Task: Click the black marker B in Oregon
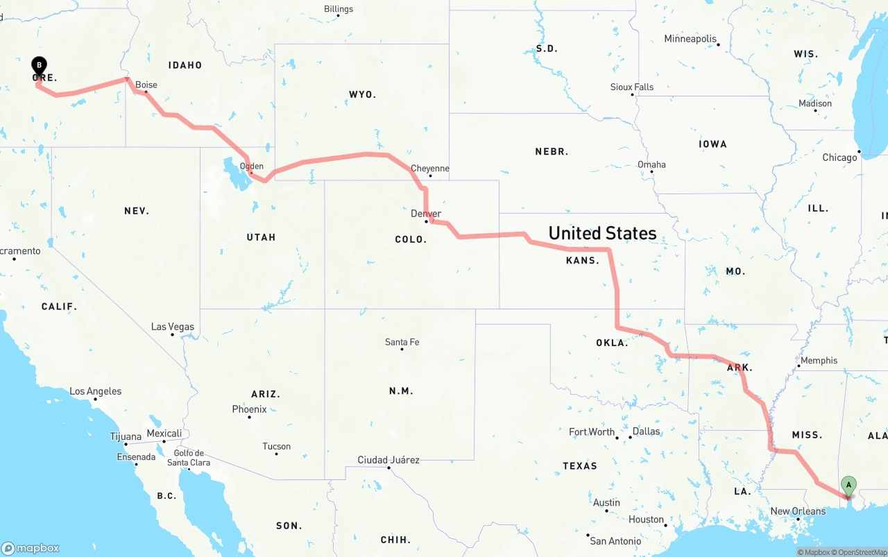(40, 66)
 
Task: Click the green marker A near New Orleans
(848, 485)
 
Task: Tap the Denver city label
(426, 214)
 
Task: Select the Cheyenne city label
(429, 169)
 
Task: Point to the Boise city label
(146, 85)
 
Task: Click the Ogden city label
(252, 166)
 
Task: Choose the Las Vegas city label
(173, 327)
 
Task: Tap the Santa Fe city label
(402, 342)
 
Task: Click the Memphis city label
(819, 361)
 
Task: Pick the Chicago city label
(839, 157)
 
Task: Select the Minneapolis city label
(690, 39)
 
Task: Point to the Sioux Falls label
(632, 87)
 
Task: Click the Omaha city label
(651, 165)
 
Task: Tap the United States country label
(602, 233)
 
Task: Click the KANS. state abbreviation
(582, 261)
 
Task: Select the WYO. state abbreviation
(362, 94)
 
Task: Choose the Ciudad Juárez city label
(388, 460)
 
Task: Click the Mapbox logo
(31, 548)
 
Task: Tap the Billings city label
(339, 9)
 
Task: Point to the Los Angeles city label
(95, 392)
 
